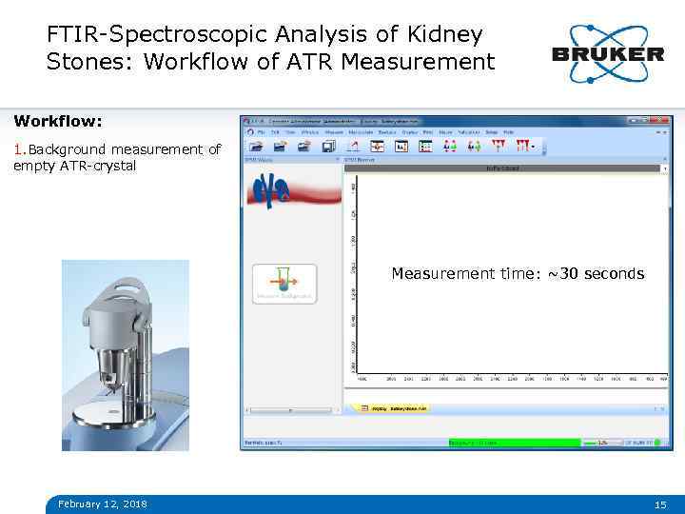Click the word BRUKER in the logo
(x=608, y=54)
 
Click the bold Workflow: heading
(x=58, y=122)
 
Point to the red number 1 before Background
(x=17, y=149)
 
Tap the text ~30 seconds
(x=596, y=274)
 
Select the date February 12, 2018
(x=103, y=504)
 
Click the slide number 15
(x=659, y=504)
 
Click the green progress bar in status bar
(x=514, y=443)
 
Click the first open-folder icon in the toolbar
(x=256, y=146)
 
